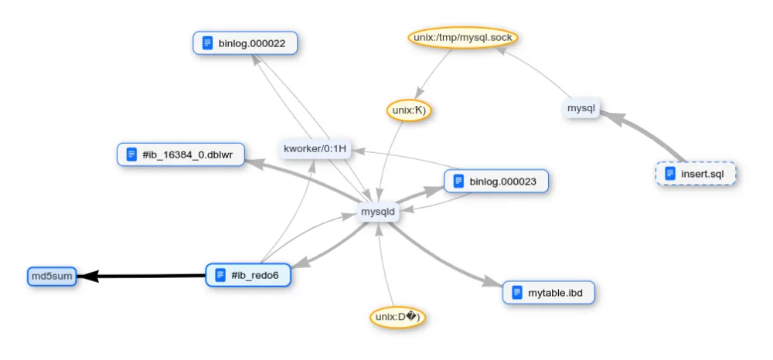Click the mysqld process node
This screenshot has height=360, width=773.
[x=377, y=210]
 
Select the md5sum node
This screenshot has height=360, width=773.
[x=52, y=276]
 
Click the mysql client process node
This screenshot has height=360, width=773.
[x=580, y=109]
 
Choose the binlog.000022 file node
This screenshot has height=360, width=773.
[x=246, y=43]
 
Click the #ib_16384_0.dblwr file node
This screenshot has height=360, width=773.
[x=180, y=155]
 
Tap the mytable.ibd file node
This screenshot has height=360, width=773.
[x=552, y=293]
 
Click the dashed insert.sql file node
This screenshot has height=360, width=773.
[x=695, y=174]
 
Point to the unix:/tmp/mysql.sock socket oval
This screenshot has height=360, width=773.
[x=461, y=38]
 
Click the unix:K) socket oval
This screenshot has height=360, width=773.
[x=408, y=110]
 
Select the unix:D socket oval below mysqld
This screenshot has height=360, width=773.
[x=397, y=317]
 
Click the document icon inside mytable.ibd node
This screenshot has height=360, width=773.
[x=517, y=293]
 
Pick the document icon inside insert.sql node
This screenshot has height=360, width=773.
[x=670, y=174]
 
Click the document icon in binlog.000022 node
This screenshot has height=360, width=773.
[x=207, y=43]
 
